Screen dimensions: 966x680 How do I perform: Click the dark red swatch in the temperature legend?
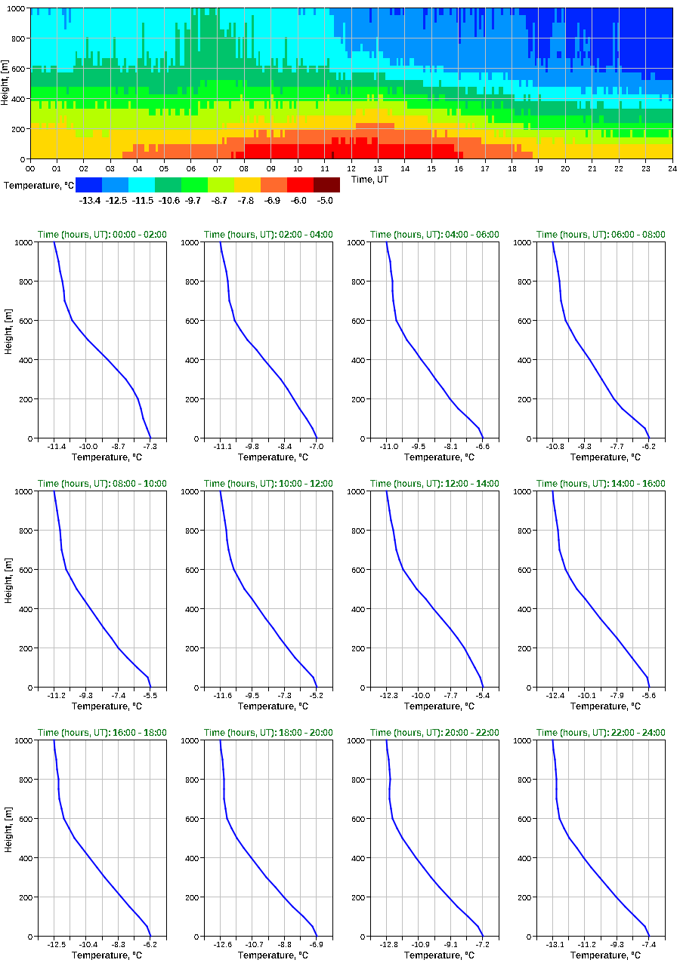point(326,185)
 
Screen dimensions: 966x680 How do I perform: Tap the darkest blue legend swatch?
point(88,185)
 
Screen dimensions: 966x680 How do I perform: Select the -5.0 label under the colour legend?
point(323,200)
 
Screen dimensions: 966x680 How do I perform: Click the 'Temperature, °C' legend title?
point(37,185)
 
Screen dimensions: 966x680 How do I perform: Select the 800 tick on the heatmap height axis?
point(17,38)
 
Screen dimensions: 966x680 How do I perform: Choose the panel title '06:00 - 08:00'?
point(601,235)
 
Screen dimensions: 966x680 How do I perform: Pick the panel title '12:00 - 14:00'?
point(434,484)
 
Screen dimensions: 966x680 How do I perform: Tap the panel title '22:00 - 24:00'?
point(601,733)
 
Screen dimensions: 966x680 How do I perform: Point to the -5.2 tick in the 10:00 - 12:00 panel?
point(315,696)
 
